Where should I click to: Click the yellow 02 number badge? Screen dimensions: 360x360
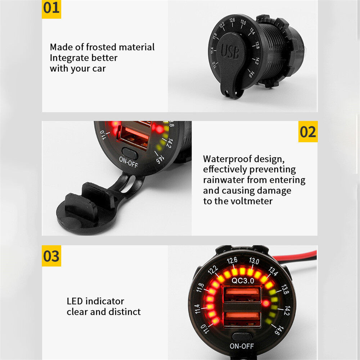coord(308,131)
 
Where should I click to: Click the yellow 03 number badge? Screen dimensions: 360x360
coord(51,256)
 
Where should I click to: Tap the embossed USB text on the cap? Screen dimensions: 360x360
coord(230,51)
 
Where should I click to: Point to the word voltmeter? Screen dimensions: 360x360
coord(251,201)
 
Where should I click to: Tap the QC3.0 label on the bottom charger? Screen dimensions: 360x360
coord(243,280)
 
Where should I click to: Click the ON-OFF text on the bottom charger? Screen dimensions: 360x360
coord(242,346)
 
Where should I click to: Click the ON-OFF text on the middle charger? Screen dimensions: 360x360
coord(129,162)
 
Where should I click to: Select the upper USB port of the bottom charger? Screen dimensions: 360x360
coord(242,294)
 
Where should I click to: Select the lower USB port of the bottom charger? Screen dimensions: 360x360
coord(242,319)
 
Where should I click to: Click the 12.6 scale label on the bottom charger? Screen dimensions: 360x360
coord(232,261)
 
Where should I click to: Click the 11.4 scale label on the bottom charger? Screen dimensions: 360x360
coord(197,309)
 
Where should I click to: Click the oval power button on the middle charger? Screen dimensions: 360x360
coord(130,153)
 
